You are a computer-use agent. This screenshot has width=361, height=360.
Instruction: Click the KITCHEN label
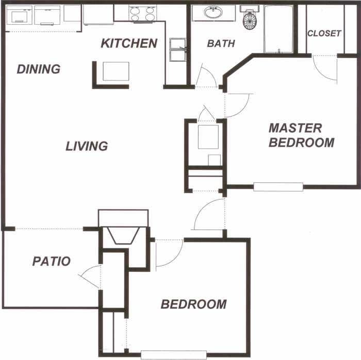click(129, 43)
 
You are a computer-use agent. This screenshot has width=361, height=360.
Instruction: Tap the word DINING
click(39, 69)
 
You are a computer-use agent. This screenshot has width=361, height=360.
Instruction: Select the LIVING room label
click(87, 146)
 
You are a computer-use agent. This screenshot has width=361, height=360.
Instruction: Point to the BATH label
click(221, 44)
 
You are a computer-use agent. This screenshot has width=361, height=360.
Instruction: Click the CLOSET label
click(324, 33)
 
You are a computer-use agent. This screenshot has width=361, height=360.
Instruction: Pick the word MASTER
click(296, 128)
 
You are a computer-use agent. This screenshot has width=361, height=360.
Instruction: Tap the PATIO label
click(51, 261)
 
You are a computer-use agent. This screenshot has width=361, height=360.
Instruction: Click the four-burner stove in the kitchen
click(142, 14)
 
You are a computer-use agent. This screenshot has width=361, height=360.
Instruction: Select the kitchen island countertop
click(116, 72)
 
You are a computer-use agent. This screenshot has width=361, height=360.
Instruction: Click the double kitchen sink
click(177, 50)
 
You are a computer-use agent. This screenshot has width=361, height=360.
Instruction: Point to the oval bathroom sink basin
click(212, 13)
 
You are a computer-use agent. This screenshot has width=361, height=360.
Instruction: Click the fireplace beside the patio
click(123, 235)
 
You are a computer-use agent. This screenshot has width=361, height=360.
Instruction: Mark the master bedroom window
click(278, 186)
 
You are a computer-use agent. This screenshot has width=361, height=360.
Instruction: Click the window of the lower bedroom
click(173, 354)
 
